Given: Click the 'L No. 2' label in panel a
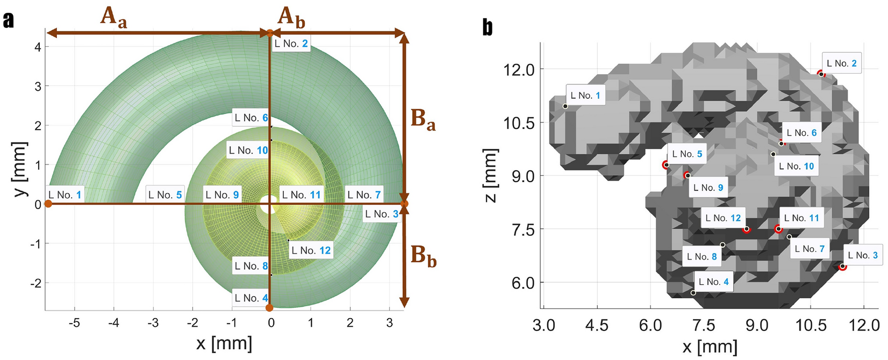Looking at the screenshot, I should (291, 44).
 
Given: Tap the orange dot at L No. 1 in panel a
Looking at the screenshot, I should (48, 204).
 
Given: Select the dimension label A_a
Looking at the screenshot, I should (113, 16).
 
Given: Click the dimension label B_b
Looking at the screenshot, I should (424, 256).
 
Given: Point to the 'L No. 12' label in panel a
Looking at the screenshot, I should (311, 250).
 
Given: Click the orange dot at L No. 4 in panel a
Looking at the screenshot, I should (269, 308).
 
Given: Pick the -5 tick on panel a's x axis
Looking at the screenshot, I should (74, 323).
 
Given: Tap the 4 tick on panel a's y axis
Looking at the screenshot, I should (38, 47).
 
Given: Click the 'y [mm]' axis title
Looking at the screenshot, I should (20, 169).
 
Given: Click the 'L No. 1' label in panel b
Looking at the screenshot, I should (585, 96).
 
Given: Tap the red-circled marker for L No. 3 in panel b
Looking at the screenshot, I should (842, 267).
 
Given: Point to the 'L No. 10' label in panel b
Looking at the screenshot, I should (796, 167).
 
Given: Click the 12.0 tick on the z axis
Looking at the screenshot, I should (519, 70).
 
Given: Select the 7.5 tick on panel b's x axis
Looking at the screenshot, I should (703, 326).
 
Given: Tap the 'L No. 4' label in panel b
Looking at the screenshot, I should (713, 282).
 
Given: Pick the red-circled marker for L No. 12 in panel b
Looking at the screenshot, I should (746, 229).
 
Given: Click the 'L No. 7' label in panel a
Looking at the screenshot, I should (364, 195).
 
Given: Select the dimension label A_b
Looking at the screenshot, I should (291, 17).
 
